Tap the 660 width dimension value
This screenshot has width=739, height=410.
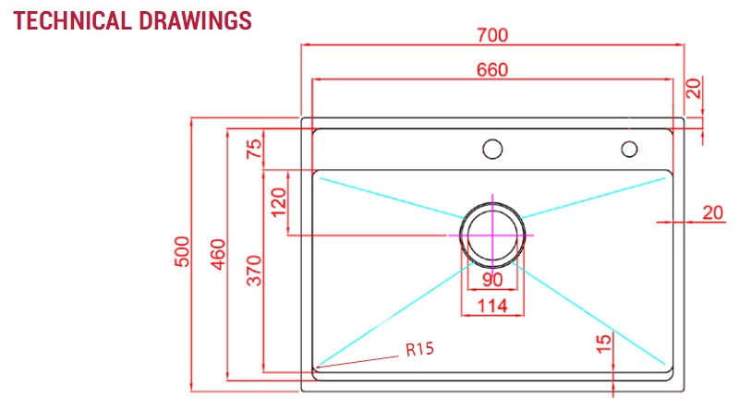(x=492, y=70)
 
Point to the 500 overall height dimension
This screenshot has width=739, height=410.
(x=182, y=252)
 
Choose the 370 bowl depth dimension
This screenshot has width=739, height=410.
(x=255, y=271)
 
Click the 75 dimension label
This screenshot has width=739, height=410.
(x=255, y=149)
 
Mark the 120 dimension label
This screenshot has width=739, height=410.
(x=279, y=202)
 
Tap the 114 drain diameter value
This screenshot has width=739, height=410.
(x=491, y=307)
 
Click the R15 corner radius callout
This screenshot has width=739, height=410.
(x=419, y=349)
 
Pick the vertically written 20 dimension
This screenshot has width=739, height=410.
(x=694, y=89)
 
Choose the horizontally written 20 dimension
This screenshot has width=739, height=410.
(x=712, y=212)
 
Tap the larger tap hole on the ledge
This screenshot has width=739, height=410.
(x=492, y=148)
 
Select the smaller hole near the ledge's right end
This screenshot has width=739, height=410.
(x=629, y=148)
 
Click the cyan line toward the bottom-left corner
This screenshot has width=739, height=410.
(x=388, y=314)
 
